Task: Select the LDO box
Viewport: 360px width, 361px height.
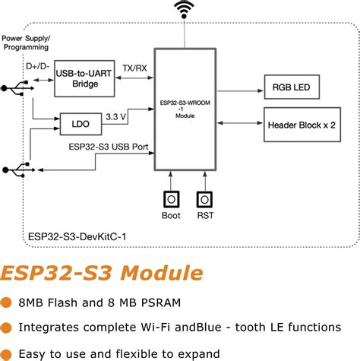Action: click(x=81, y=122)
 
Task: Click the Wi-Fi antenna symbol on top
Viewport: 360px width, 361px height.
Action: click(x=183, y=10)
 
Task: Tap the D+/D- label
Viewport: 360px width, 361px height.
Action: click(x=38, y=67)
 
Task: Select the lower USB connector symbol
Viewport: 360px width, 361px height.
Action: click(x=17, y=168)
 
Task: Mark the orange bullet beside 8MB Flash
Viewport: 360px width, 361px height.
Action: click(x=6, y=302)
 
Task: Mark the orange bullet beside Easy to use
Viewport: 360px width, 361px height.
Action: click(x=6, y=353)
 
